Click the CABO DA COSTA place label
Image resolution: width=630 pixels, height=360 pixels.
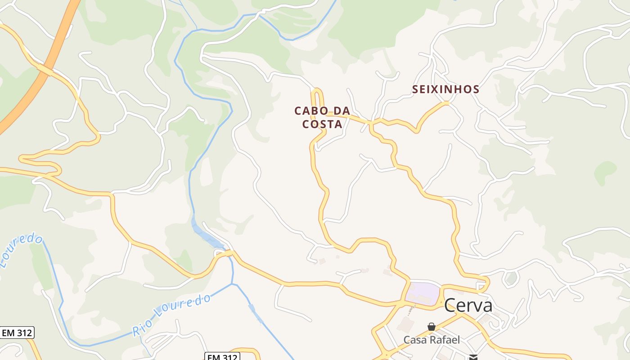click(x=322, y=117)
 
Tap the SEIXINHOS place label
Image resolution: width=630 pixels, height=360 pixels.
click(x=445, y=89)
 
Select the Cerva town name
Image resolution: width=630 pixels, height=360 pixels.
click(x=468, y=306)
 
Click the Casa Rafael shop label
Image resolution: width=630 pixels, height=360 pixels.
click(x=432, y=340)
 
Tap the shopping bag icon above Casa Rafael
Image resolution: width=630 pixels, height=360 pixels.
click(x=432, y=326)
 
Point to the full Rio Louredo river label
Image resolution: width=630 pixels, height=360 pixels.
click(x=171, y=315)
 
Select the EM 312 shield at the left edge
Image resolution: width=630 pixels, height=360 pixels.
click(x=17, y=333)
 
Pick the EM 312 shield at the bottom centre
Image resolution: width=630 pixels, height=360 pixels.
click(x=222, y=356)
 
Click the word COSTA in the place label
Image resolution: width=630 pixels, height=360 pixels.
click(x=322, y=124)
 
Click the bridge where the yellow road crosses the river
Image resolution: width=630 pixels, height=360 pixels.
click(x=228, y=253)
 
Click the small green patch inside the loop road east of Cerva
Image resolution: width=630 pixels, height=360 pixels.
click(x=511, y=279)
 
